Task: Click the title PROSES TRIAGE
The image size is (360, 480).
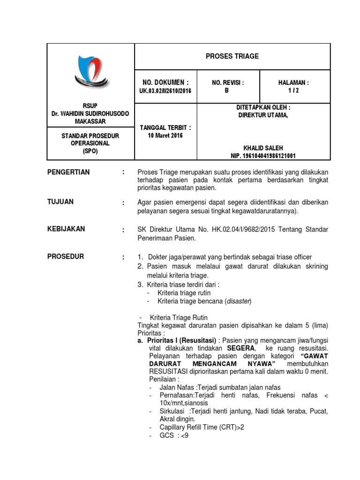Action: tap(232, 56)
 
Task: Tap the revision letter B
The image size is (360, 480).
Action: tap(227, 91)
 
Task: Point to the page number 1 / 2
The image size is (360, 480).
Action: tap(293, 91)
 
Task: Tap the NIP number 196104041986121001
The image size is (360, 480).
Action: tap(263, 156)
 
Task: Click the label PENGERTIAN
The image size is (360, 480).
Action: tap(68, 172)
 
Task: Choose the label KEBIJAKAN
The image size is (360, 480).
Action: tap(66, 229)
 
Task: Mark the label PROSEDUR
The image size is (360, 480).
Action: tap(66, 256)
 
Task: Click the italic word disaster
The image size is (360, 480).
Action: tap(239, 301)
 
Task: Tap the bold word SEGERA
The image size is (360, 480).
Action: tap(241, 348)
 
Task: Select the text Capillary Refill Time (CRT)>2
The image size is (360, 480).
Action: tap(202, 427)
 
